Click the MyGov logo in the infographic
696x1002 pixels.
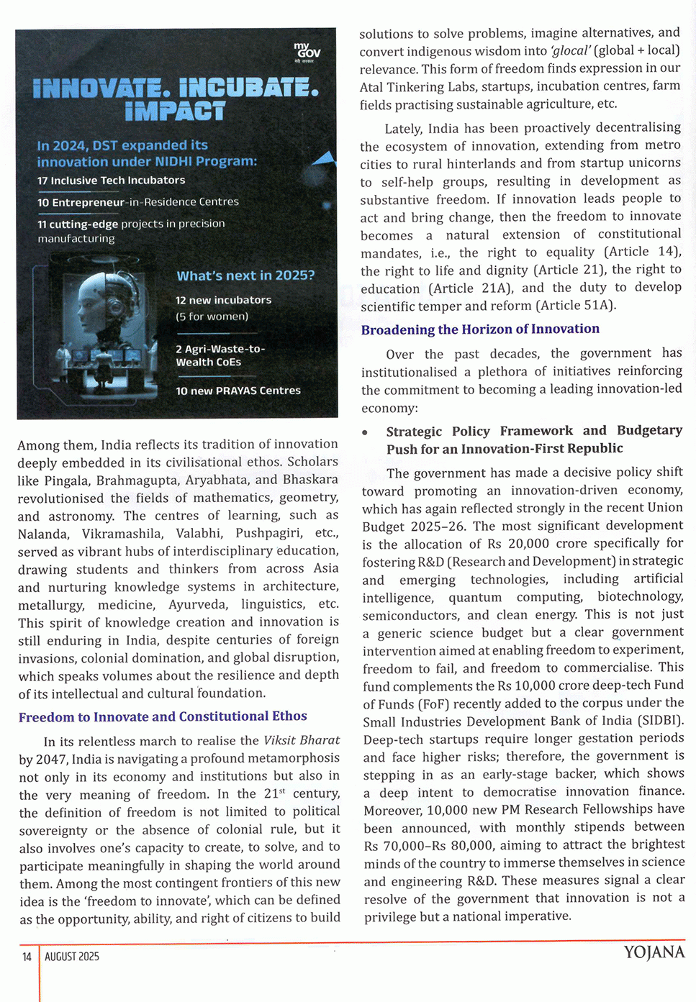click(x=307, y=53)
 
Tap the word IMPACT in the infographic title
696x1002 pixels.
click(x=175, y=111)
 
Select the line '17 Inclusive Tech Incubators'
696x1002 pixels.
click(x=111, y=181)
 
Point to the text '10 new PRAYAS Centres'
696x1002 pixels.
click(x=238, y=391)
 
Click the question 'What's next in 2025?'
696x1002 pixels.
click(x=245, y=275)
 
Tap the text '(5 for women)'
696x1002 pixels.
click(x=212, y=316)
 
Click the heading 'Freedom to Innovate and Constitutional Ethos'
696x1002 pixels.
click(x=163, y=716)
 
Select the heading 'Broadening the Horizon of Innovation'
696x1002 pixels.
click(x=480, y=329)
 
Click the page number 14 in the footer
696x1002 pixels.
click(x=27, y=957)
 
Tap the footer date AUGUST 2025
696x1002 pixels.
click(x=72, y=957)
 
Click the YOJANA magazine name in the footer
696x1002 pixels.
click(x=654, y=953)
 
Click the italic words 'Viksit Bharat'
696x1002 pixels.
click(x=302, y=740)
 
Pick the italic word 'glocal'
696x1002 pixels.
click(x=570, y=50)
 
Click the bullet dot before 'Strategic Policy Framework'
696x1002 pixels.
click(x=366, y=432)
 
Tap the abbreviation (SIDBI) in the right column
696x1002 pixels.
click(x=660, y=720)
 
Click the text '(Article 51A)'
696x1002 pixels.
click(x=576, y=305)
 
